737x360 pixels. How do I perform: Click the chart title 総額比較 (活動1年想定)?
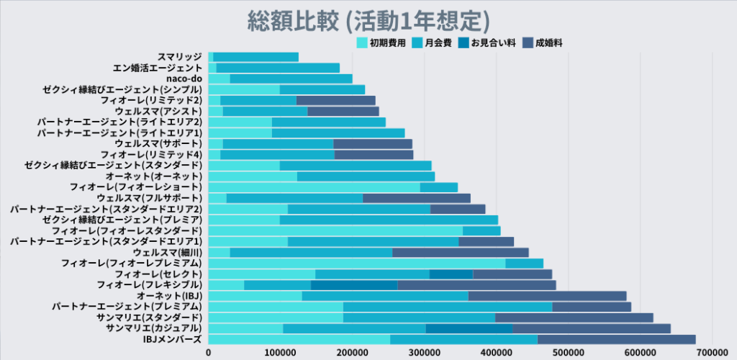(x=368, y=19)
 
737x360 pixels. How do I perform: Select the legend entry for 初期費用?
(x=387, y=43)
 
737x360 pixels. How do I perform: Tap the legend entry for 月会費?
(x=438, y=43)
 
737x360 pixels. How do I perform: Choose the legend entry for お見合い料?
(x=493, y=43)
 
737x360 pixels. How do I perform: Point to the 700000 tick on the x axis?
(x=711, y=353)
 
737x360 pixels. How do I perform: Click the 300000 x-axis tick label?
(x=425, y=353)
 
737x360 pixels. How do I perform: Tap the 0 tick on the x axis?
(x=209, y=353)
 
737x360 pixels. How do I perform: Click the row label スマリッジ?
(x=180, y=57)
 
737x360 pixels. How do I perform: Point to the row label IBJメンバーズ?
(x=173, y=340)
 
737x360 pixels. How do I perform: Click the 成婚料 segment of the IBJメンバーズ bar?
(x=616, y=340)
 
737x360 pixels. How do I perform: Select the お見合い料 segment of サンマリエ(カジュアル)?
(x=469, y=329)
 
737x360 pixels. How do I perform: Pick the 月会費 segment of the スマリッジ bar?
(x=256, y=57)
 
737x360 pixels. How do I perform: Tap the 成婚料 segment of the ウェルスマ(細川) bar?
(x=460, y=253)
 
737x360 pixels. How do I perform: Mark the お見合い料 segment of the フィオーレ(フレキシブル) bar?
(x=353, y=285)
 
